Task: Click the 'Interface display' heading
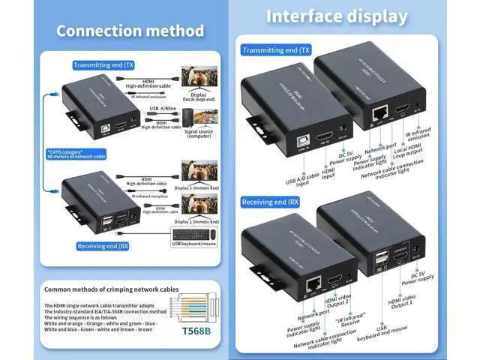point(337,16)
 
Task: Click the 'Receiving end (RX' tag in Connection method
point(103,245)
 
